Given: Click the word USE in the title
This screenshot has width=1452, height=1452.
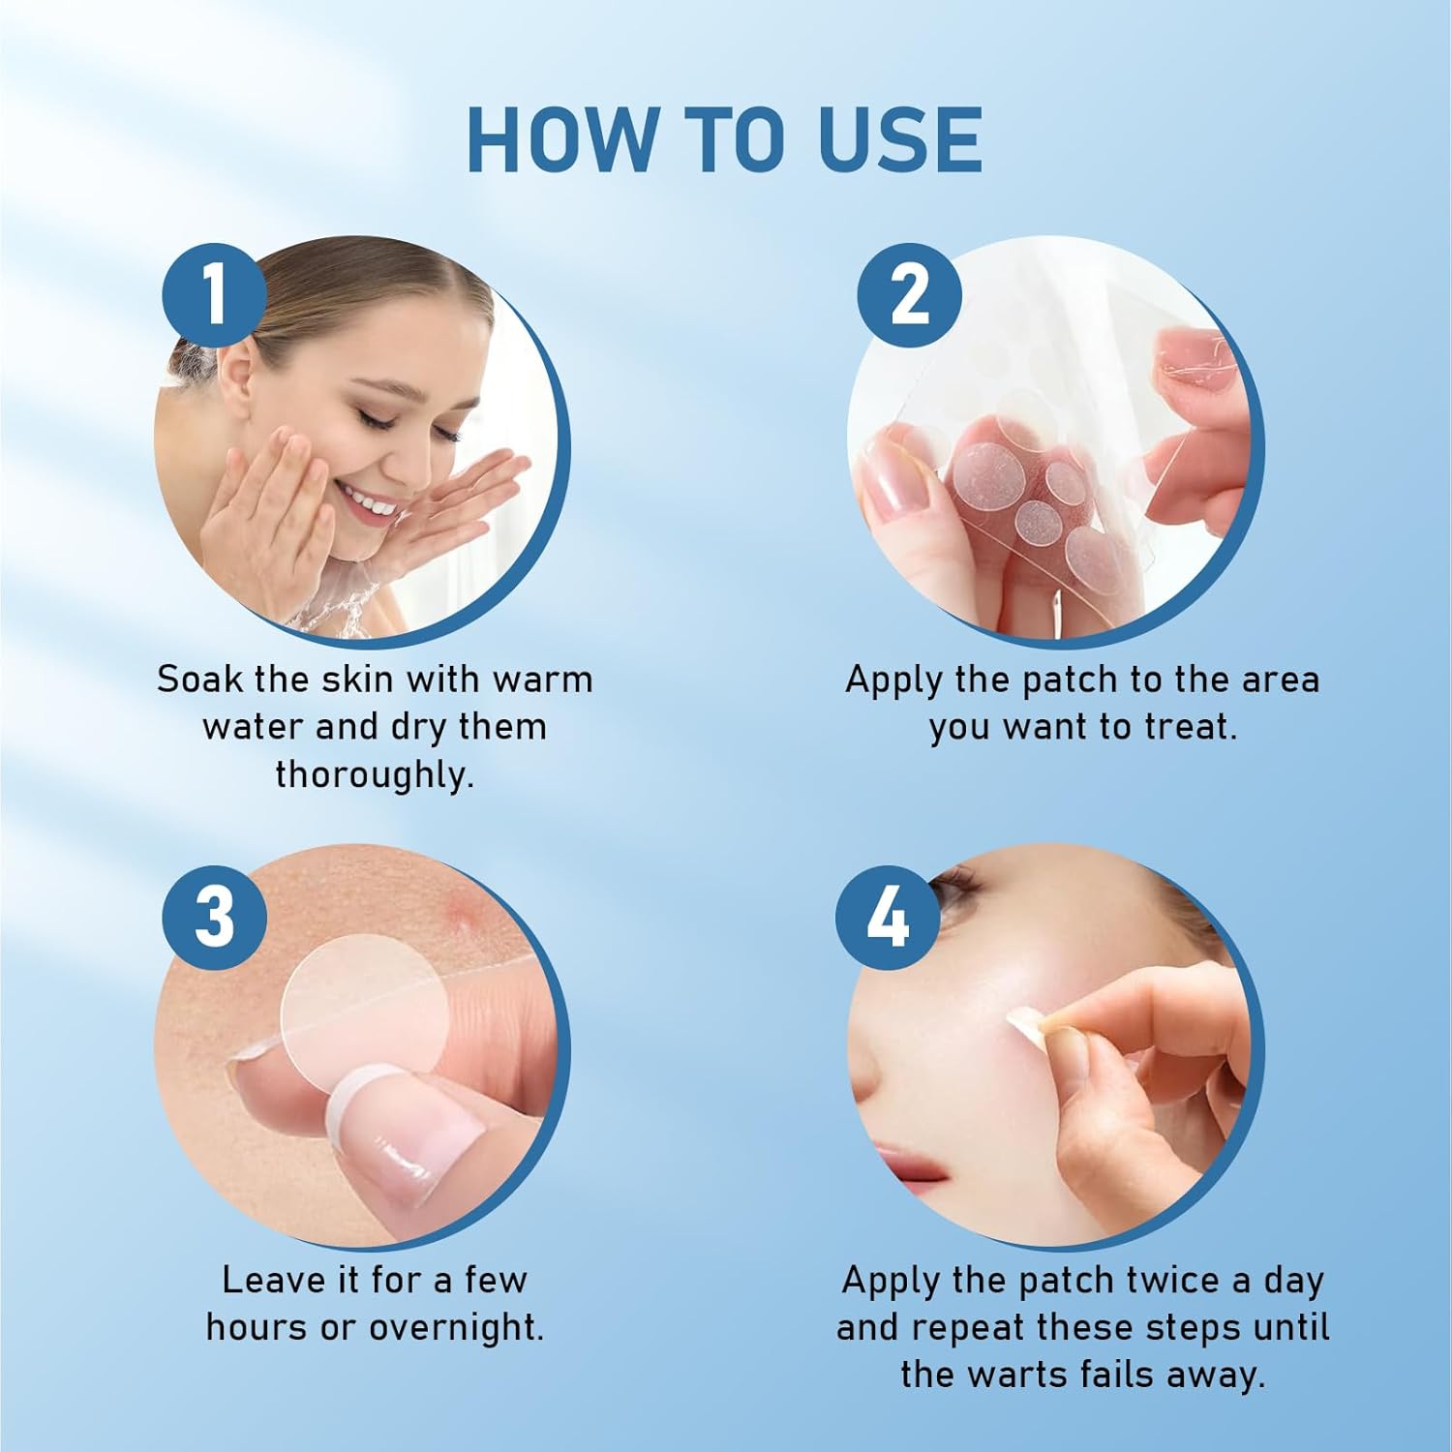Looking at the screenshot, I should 899,140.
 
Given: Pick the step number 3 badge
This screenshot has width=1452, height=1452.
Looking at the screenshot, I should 214,915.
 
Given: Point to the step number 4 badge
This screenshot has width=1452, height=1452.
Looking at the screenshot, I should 888,915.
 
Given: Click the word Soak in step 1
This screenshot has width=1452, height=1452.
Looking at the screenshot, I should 199,680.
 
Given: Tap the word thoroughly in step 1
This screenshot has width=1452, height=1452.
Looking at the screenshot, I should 375,774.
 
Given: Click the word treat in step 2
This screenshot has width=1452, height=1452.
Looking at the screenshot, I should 1190,727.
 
